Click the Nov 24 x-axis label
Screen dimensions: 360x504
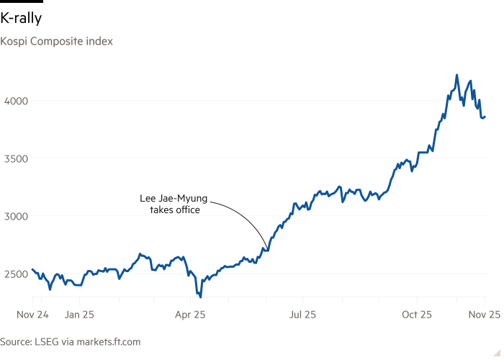(x=33, y=315)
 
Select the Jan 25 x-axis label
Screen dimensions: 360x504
(x=79, y=315)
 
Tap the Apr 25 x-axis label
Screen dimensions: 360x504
(x=192, y=315)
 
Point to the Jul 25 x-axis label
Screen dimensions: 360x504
(x=303, y=315)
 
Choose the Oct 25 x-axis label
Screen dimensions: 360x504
(x=416, y=315)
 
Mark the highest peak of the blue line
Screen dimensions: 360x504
(x=456, y=74)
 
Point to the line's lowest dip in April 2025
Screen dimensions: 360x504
(x=199, y=295)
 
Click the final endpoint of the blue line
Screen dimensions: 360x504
(x=485, y=117)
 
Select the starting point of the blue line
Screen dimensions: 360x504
(x=33, y=270)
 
